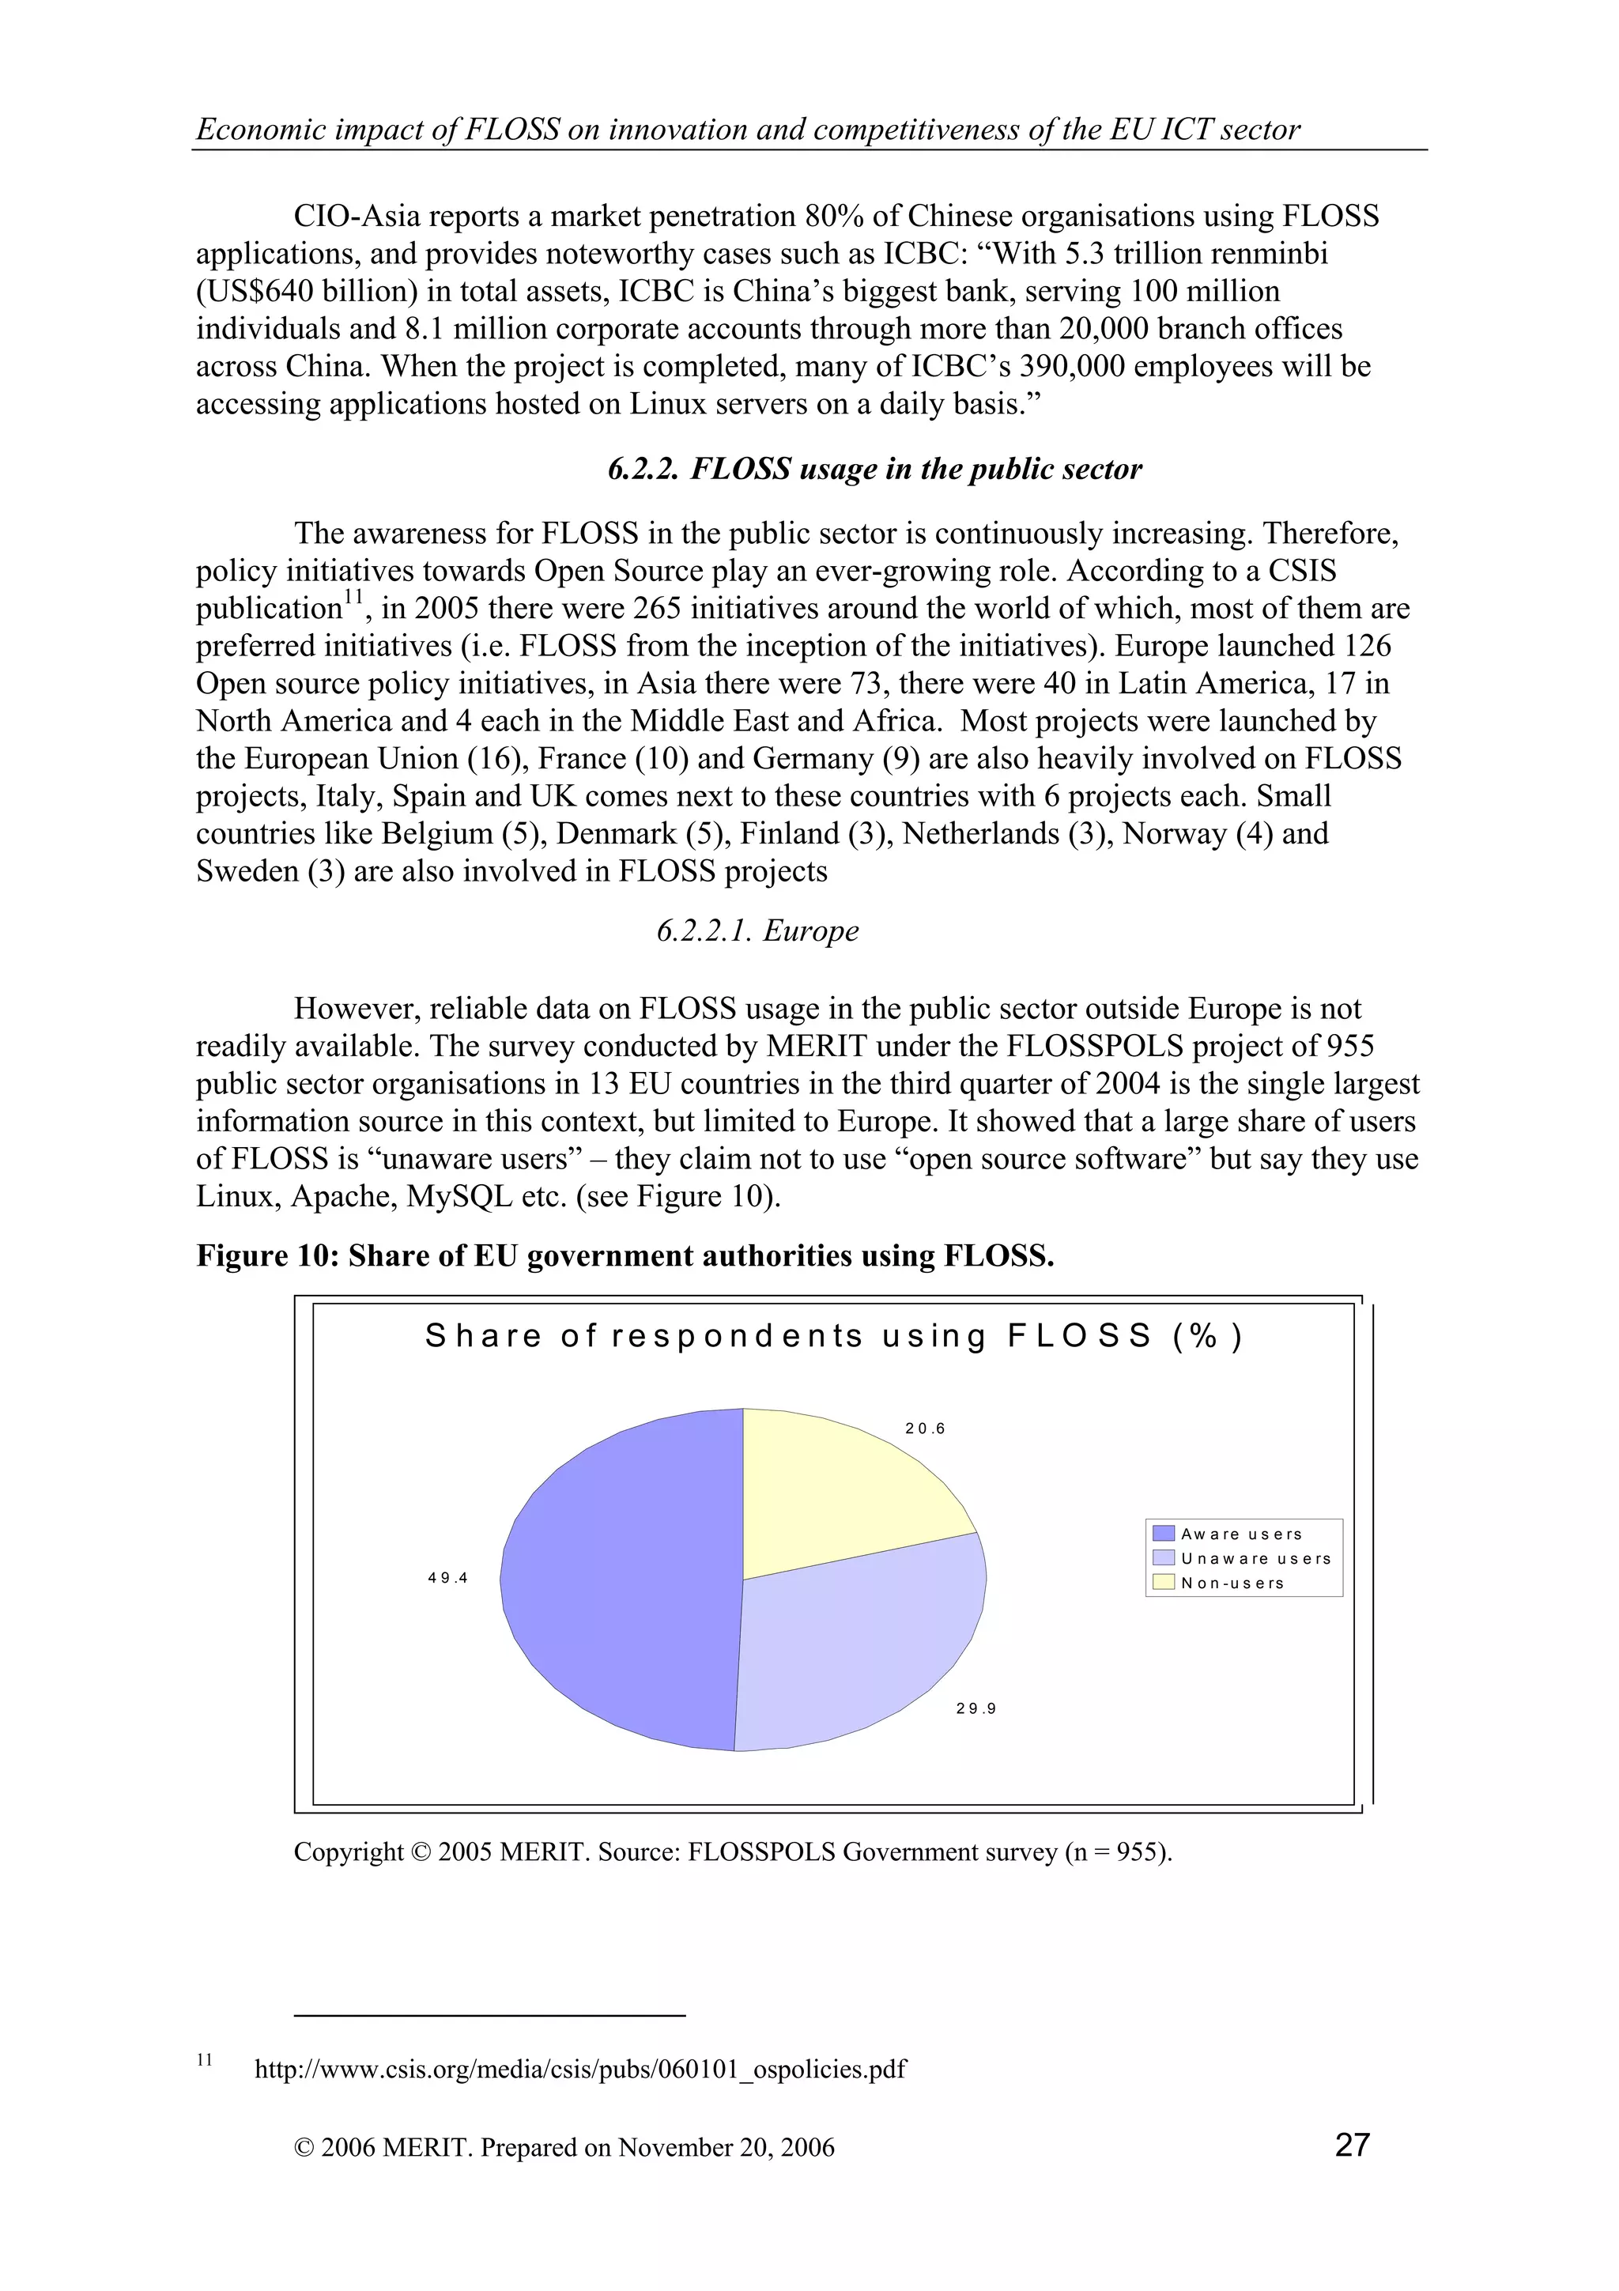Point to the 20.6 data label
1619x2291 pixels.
click(925, 1429)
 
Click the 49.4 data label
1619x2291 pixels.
click(448, 1578)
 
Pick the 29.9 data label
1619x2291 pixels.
click(976, 1708)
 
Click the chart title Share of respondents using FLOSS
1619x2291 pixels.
click(834, 1336)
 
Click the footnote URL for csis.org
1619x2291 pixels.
click(580, 2069)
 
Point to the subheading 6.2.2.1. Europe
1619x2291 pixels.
click(757, 931)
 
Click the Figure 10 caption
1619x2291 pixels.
click(625, 1255)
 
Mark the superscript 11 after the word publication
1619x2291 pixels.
click(351, 597)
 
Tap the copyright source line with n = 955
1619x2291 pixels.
click(732, 1852)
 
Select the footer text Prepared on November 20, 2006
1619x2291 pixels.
click(658, 2147)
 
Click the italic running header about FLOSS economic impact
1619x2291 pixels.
click(748, 130)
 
